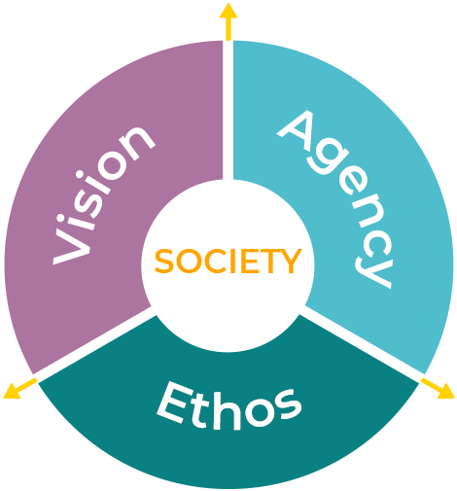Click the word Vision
(x=103, y=194)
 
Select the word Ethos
(x=229, y=405)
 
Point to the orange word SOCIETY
(x=228, y=262)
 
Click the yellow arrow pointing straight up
(x=228, y=22)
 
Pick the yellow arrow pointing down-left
(x=20, y=388)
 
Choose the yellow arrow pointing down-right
(x=438, y=388)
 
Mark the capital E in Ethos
(x=174, y=402)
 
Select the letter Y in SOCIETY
(x=291, y=261)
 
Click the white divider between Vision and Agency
(x=228, y=110)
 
